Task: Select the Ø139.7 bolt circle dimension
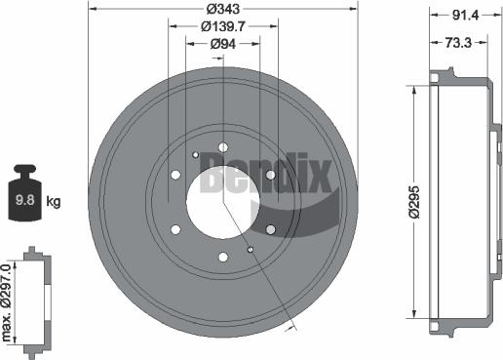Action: pyautogui.click(x=223, y=30)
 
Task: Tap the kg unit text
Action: pyautogui.click(x=54, y=203)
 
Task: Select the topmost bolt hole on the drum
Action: pyautogui.click(x=223, y=147)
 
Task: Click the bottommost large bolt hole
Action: pyautogui.click(x=223, y=257)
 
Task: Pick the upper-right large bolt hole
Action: pyautogui.click(x=270, y=175)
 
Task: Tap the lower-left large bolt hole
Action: pyautogui.click(x=176, y=229)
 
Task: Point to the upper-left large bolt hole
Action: pyautogui.click(x=176, y=175)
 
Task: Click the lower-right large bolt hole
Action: pyautogui.click(x=270, y=229)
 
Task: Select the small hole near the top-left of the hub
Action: pyautogui.click(x=196, y=154)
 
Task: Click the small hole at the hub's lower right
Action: pyautogui.click(x=251, y=250)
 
